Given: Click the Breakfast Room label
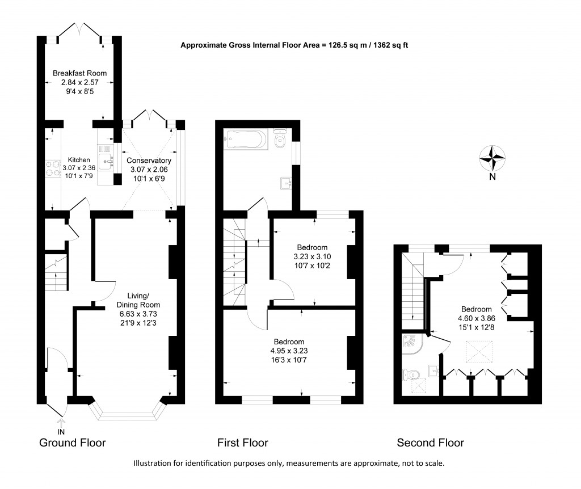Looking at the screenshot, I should pos(79,73).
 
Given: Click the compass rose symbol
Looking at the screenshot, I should pos(492,158).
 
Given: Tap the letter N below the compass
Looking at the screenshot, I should pos(492,176).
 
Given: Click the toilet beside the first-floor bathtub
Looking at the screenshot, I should pos(279,140).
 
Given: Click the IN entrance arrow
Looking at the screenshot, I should pos(61,424).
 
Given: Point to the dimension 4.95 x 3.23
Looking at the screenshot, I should pos(289,351).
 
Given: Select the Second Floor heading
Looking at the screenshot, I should pos(430,442).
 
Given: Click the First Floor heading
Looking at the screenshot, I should pos(243,442).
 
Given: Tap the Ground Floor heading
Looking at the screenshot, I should pos(72,442).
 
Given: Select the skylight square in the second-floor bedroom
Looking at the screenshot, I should pos(478,351).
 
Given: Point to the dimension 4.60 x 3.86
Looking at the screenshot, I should pos(477,318).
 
